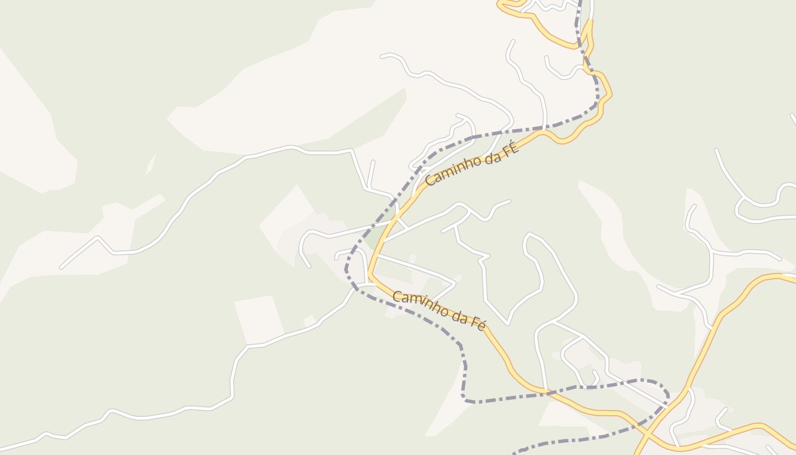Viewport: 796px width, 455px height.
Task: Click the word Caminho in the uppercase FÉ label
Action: pyautogui.click(x=449, y=171)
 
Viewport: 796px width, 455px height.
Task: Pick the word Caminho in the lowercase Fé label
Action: pyautogui.click(x=419, y=304)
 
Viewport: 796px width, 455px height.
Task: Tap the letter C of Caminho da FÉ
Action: pyautogui.click(x=429, y=181)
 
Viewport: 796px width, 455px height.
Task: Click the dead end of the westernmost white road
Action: pyautogui.click(x=61, y=267)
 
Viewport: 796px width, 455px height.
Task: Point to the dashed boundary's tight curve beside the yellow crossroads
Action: pyautogui.click(x=666, y=392)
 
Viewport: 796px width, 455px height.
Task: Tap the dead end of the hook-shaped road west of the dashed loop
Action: pyautogui.click(x=309, y=266)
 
